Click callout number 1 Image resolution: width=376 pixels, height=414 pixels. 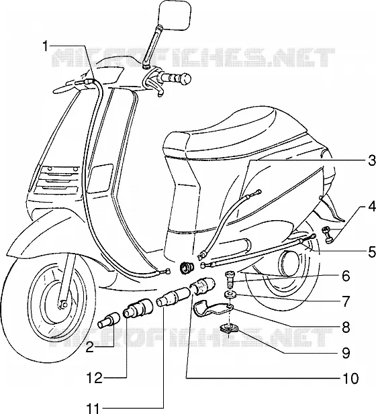(x=46, y=46)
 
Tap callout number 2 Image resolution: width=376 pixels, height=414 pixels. (x=89, y=348)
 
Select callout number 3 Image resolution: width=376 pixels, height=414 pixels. (x=372, y=161)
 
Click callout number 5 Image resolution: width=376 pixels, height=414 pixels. (x=372, y=252)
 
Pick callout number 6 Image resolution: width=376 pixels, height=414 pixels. (x=346, y=276)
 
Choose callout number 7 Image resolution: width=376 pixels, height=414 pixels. (x=346, y=302)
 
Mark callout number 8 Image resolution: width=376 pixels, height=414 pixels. (x=346, y=327)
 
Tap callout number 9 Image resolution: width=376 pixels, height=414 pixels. (x=346, y=353)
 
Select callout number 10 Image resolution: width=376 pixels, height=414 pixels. (x=350, y=378)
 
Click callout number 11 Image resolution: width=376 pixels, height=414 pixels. (x=93, y=408)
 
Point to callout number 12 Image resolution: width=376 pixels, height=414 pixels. (x=94, y=378)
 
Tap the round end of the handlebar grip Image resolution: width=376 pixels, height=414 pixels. (x=187, y=79)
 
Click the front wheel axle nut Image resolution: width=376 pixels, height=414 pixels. (x=63, y=304)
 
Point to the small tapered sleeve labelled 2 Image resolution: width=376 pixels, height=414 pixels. (x=108, y=320)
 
